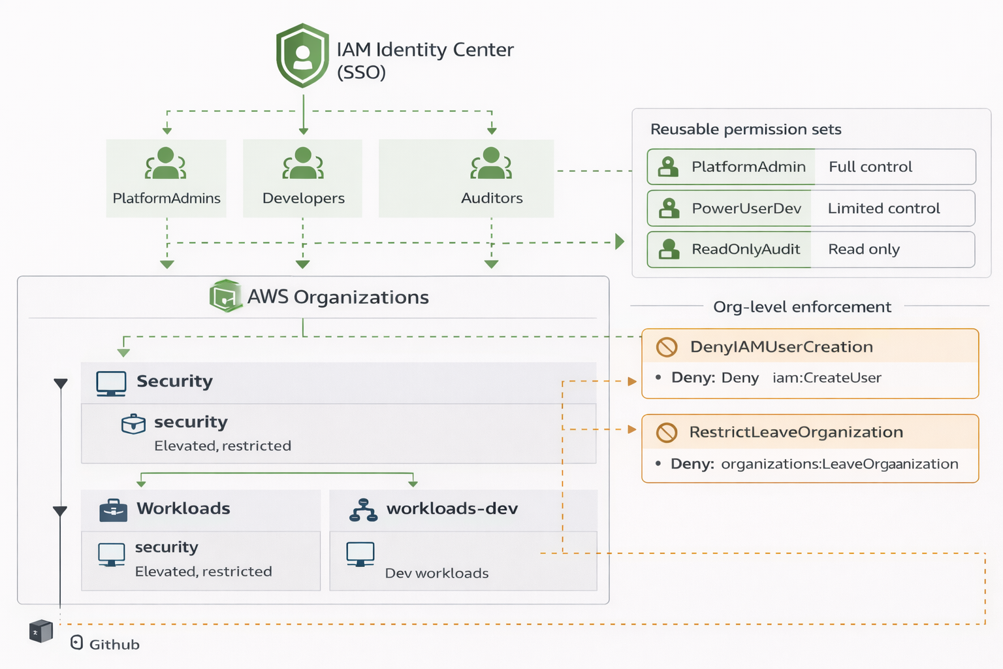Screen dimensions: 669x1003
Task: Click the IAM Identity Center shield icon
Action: [x=302, y=56]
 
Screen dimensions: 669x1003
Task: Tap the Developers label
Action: [x=303, y=198]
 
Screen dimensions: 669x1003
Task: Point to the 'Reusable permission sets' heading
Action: [x=746, y=129]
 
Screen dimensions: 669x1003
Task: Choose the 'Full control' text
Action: [x=870, y=167]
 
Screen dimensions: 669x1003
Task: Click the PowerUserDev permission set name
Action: [x=746, y=208]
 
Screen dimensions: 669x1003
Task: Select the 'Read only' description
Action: [x=863, y=249]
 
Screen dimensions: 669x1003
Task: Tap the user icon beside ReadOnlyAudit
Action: [x=668, y=249]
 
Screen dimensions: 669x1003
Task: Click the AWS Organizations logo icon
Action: [x=225, y=296]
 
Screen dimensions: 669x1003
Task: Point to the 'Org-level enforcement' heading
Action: [x=802, y=306]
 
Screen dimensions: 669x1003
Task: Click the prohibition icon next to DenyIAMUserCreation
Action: [x=667, y=347]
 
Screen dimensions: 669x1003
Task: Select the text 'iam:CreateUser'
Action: [x=827, y=378]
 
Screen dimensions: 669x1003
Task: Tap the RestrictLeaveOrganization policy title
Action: [x=796, y=432]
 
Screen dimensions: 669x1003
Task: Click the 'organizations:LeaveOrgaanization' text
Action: [x=839, y=464]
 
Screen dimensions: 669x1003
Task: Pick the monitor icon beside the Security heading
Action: [x=111, y=383]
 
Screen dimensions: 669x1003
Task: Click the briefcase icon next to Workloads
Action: [x=113, y=510]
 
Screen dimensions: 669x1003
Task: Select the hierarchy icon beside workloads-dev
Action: [x=363, y=510]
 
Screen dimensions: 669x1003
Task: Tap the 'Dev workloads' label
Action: [x=437, y=573]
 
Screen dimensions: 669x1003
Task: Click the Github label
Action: [x=114, y=644]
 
